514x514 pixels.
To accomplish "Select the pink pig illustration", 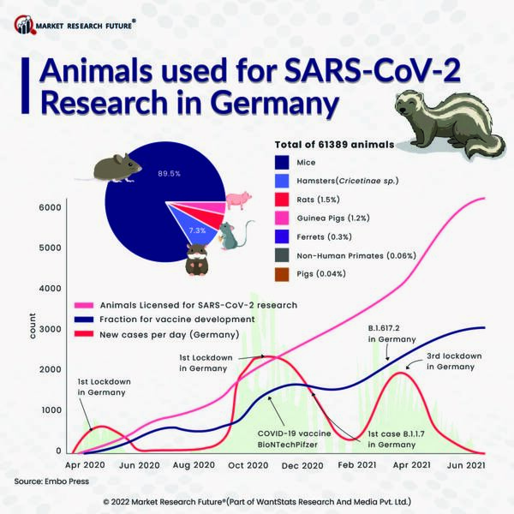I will [237, 201].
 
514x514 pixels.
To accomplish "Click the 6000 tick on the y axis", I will [48, 207].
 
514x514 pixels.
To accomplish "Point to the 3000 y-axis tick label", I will [48, 329].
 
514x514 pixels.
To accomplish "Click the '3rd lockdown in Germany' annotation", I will [453, 361].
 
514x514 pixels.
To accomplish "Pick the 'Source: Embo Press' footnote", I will [52, 483].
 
